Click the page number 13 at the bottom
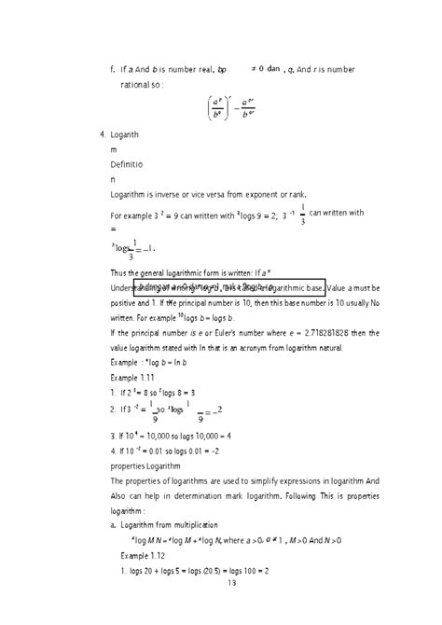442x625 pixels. click(x=231, y=608)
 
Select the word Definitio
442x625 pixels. click(x=126, y=163)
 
